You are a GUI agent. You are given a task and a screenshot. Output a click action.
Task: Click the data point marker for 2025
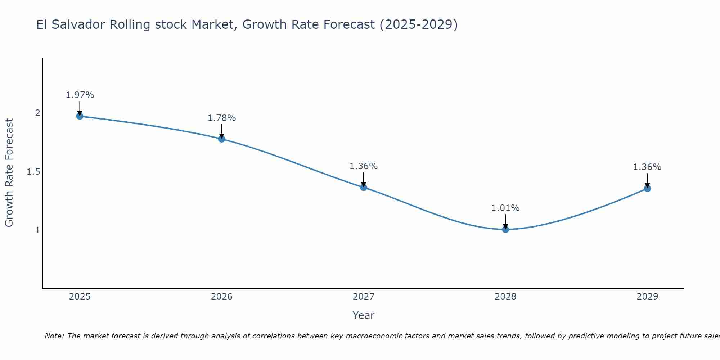click(80, 116)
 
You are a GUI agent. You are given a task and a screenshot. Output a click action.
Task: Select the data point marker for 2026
click(222, 139)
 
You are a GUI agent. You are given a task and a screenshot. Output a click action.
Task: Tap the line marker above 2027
click(364, 187)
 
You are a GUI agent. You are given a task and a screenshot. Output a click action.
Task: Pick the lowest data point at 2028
click(505, 229)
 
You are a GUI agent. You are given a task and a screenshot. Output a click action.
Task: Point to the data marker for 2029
click(647, 188)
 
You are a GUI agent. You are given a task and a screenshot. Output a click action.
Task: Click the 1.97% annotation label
click(80, 95)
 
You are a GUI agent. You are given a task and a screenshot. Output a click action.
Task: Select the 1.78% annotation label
click(222, 118)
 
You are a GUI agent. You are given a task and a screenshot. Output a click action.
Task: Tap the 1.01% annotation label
click(505, 208)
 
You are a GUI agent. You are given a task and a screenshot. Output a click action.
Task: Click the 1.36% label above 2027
click(364, 166)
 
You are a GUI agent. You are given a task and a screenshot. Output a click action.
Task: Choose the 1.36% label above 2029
click(647, 167)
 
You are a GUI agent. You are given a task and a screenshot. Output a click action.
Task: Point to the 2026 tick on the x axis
click(222, 297)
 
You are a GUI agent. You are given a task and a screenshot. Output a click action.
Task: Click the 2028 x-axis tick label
click(505, 297)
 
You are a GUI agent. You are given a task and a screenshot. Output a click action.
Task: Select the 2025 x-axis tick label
click(80, 297)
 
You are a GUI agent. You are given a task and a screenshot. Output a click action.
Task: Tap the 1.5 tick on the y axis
click(33, 172)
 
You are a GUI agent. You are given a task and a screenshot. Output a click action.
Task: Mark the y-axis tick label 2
click(37, 113)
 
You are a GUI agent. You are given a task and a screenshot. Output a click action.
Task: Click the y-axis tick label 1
click(37, 230)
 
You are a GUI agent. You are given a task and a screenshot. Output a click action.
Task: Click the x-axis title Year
click(364, 315)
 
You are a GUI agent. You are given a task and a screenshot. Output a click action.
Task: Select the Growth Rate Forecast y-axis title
click(9, 173)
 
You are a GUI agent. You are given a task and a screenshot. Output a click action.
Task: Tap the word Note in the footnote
click(54, 336)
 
